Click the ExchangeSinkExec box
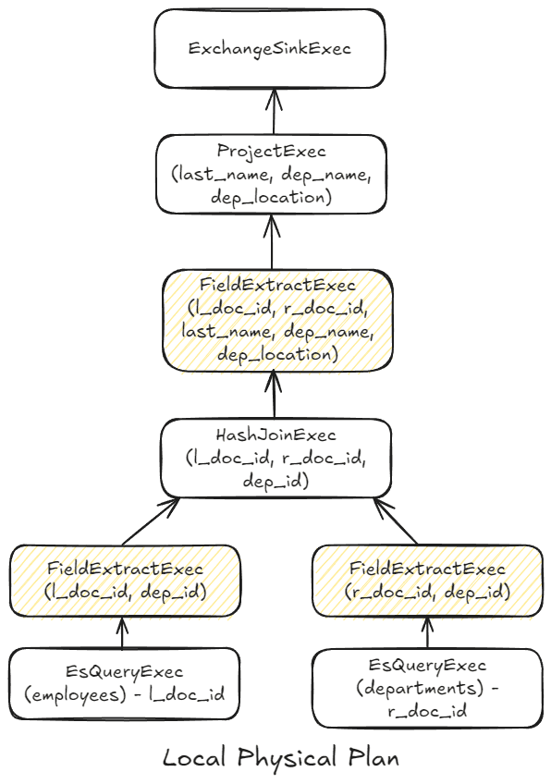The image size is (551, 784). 269,49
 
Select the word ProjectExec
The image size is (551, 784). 271,150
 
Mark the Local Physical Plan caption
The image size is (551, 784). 281,758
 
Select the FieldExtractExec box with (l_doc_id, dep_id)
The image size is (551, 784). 126,580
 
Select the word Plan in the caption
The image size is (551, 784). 373,758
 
